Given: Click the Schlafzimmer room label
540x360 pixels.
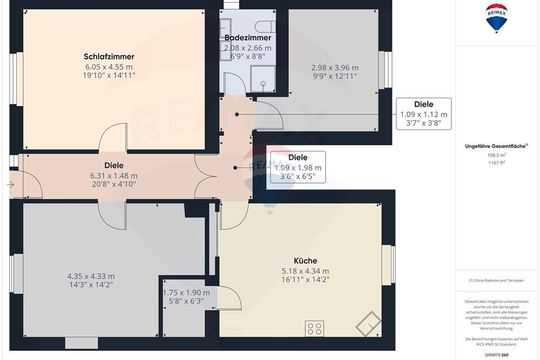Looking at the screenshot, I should [x=109, y=57].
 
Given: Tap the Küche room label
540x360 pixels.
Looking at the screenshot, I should [x=306, y=261].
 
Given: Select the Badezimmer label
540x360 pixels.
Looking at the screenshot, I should [x=247, y=38].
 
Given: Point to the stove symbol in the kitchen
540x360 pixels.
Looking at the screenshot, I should [x=314, y=328].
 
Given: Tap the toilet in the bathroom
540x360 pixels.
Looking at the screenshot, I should [x=264, y=25].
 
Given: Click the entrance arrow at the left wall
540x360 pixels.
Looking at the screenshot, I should [x=10, y=185].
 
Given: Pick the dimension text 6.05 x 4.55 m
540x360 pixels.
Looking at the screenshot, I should [x=109, y=67].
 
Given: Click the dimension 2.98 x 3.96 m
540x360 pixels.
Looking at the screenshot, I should [x=335, y=68].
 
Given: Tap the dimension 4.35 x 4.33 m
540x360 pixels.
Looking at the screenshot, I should [x=91, y=276].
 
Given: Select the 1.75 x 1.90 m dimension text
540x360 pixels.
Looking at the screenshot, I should [x=186, y=293].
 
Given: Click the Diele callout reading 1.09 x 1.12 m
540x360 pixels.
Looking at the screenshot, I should [x=423, y=114].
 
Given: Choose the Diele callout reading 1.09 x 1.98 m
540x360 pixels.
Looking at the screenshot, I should [x=298, y=167].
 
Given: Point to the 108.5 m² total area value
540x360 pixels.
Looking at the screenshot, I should [x=497, y=154].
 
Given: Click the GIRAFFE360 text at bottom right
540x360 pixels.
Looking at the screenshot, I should [x=497, y=355].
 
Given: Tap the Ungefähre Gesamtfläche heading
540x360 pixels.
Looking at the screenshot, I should [x=497, y=146].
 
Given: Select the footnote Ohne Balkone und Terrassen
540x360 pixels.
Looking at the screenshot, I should [x=497, y=280].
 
